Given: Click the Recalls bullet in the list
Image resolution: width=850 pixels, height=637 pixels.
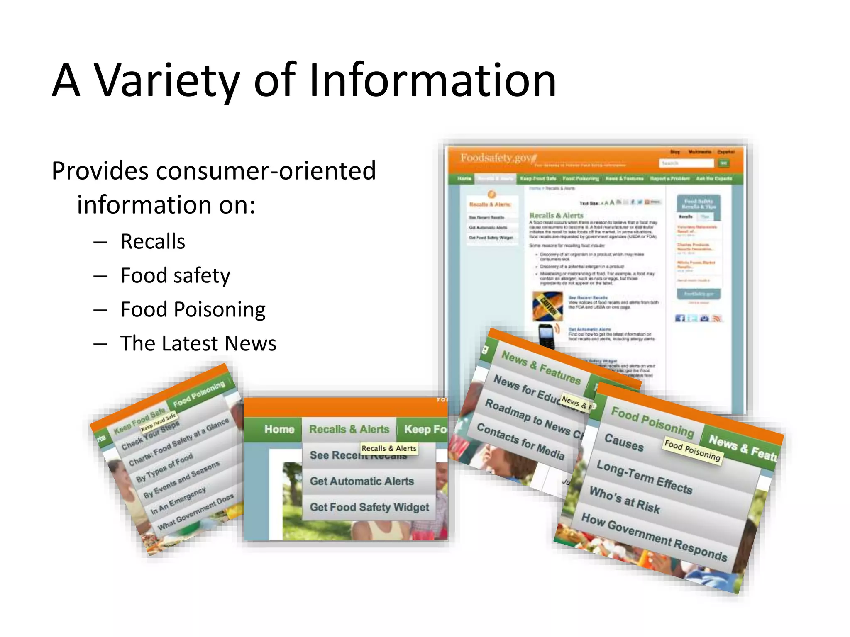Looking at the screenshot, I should (153, 241).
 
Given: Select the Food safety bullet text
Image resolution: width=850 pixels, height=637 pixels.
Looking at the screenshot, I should (175, 275).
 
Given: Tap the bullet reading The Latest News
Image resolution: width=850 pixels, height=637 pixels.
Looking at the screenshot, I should (198, 343).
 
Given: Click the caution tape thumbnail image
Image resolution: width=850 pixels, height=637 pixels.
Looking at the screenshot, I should (547, 306).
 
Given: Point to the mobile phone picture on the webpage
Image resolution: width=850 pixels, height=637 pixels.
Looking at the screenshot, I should (547, 335).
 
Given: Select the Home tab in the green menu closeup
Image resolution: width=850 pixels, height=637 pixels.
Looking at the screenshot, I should (279, 429).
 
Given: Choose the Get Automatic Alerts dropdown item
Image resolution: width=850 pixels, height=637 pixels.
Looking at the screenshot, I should (362, 481).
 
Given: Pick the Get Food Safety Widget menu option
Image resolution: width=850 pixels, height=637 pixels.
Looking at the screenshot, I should (369, 507).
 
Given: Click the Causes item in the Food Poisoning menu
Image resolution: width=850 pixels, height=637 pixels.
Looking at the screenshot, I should (624, 442).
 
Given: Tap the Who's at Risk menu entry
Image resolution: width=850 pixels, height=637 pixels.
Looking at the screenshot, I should (625, 500).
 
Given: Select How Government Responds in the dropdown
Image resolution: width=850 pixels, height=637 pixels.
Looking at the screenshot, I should (654, 537).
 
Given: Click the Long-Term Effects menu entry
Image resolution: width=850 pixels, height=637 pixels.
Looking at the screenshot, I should (644, 477).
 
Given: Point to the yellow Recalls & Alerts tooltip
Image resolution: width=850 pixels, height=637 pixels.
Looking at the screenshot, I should (389, 448).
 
